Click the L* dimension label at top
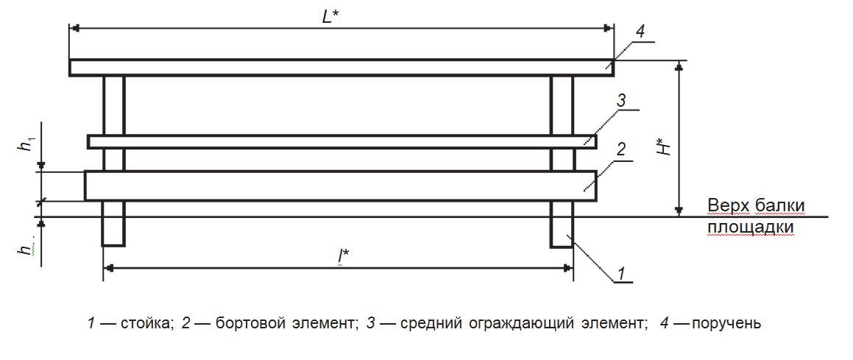coord(330,16)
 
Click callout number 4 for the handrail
coord(640,32)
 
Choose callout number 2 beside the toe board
coord(620,149)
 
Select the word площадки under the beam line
coord(751,227)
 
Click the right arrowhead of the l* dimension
coord(568,267)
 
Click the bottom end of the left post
coord(113,246)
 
